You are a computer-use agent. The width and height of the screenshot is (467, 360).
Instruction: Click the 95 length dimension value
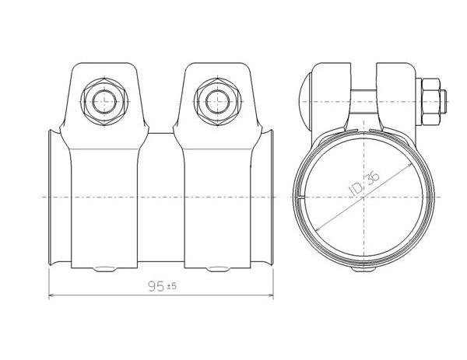(156, 286)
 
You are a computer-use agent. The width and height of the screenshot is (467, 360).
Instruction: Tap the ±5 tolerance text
(171, 286)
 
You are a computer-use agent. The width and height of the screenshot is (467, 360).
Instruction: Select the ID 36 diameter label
(364, 183)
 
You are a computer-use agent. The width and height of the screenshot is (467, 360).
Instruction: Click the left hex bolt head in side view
(104, 102)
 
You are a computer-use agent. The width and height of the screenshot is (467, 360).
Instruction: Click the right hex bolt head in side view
(217, 102)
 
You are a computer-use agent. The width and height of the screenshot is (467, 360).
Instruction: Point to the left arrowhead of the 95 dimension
(51, 295)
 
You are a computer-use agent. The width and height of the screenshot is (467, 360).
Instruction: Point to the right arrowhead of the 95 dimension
(271, 295)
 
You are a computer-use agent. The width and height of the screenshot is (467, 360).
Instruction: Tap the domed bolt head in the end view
(306, 102)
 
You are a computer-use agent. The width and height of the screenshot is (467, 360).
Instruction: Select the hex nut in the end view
(430, 102)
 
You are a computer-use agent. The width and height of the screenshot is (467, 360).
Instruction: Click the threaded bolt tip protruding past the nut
(443, 102)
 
